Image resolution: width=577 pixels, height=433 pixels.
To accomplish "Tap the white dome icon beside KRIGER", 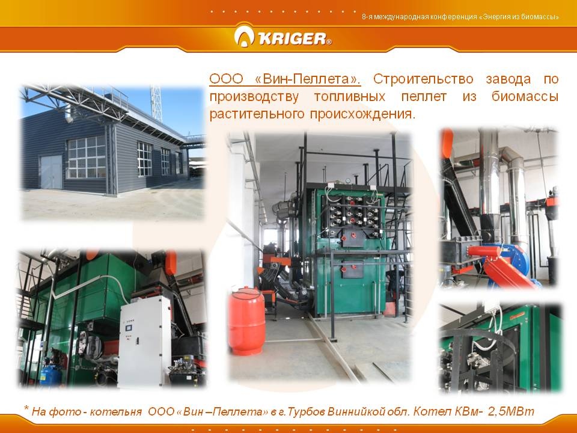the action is [244, 36].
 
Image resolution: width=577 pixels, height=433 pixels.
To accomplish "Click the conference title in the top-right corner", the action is [460, 17].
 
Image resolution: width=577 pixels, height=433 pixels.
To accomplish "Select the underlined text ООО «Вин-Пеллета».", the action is [285, 79].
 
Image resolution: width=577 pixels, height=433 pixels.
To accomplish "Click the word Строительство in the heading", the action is [423, 79].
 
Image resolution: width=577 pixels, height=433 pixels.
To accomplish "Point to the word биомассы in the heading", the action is [525, 97].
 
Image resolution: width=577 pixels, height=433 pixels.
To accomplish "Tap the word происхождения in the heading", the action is [362, 114].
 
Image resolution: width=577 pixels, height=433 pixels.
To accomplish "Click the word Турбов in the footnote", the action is [306, 411].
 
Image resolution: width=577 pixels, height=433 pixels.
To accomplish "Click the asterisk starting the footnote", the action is [26, 408].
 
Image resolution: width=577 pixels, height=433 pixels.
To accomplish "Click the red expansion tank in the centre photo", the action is [246, 321].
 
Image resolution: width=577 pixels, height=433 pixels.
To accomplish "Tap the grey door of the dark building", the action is [50, 172].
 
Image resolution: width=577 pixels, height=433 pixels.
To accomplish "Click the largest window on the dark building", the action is [87, 157].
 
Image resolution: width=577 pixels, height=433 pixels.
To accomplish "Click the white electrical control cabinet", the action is [145, 342].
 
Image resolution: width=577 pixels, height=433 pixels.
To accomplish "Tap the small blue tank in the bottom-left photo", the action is [50, 373].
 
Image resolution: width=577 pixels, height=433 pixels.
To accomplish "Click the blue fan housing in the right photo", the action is [515, 258].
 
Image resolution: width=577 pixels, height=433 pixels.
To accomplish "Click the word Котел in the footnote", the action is [429, 411].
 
